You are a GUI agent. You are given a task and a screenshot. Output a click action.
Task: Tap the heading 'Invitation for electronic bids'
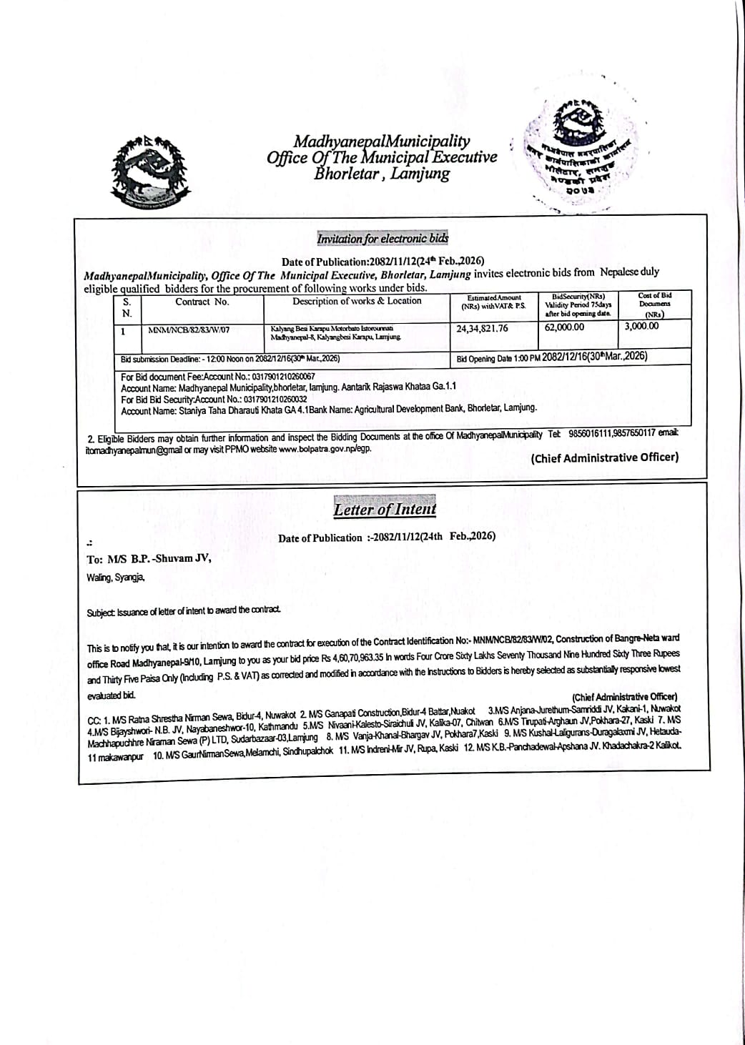click(x=383, y=239)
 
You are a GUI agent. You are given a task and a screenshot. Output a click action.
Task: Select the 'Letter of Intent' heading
click(x=384, y=510)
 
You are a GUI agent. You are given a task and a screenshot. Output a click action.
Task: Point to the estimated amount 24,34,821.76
click(x=483, y=328)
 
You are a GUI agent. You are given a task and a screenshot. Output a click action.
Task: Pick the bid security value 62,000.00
click(x=564, y=327)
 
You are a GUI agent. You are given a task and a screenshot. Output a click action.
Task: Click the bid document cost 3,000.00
click(x=641, y=326)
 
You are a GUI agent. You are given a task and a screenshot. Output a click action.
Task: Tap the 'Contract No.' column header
click(x=202, y=302)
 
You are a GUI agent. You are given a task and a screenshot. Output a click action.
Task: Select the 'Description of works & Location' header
click(x=357, y=301)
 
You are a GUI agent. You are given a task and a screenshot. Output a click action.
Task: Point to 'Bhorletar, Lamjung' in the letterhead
click(x=382, y=174)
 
